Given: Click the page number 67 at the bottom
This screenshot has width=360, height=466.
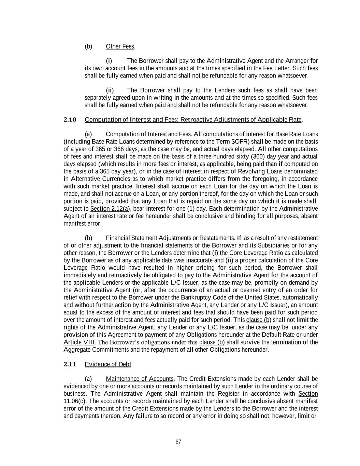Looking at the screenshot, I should pyautogui.click(x=178, y=442).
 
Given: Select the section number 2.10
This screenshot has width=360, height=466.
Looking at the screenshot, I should pyautogui.click(x=70, y=119).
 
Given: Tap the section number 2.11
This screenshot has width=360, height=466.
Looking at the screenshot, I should pyautogui.click(x=70, y=364).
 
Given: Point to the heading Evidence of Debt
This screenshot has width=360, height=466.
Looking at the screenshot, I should pyautogui.click(x=108, y=364).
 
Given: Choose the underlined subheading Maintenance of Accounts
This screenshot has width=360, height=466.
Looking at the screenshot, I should pyautogui.click(x=140, y=379).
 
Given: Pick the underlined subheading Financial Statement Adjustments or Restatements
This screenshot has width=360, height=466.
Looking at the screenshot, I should pyautogui.click(x=170, y=238).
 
